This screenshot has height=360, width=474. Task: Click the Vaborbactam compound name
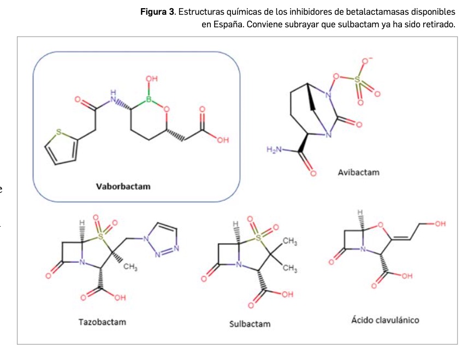click(123, 186)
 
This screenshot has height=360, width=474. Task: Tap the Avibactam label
click(358, 173)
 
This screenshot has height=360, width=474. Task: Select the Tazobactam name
click(102, 322)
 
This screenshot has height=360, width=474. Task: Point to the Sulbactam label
click(250, 324)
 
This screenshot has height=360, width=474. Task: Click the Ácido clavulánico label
click(385, 320)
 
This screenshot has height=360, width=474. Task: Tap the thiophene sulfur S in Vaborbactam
click(59, 132)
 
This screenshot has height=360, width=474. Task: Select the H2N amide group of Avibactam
click(275, 150)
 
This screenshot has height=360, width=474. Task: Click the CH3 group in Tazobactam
click(129, 266)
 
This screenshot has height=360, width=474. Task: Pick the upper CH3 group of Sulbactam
click(290, 241)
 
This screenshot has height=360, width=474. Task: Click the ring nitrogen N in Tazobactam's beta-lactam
click(82, 262)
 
